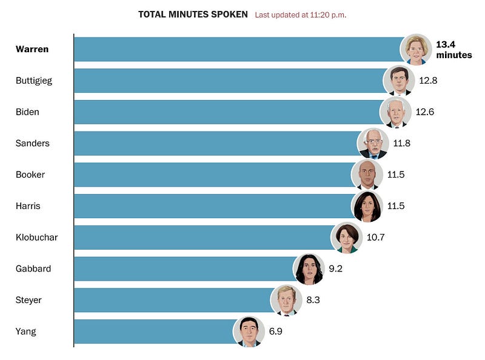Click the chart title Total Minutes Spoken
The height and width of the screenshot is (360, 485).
click(193, 14)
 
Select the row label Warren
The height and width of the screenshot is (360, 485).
click(32, 49)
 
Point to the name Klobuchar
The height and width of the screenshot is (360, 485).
click(37, 238)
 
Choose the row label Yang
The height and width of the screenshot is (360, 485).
click(26, 332)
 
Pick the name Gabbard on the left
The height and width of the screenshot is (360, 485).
click(33, 268)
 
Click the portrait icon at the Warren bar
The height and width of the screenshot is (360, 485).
click(416, 49)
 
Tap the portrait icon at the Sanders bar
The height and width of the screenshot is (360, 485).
click(373, 144)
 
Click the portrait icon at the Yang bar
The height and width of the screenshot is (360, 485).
click(249, 332)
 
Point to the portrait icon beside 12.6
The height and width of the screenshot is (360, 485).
click(395, 112)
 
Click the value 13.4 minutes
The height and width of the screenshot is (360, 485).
click(453, 49)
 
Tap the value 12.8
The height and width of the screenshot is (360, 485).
click(428, 81)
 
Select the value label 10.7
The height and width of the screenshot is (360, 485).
click(375, 238)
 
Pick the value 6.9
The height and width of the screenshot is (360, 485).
click(276, 332)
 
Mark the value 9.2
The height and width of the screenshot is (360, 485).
click(335, 268)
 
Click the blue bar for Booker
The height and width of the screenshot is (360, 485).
click(212, 175)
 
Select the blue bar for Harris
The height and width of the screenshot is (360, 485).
click(212, 206)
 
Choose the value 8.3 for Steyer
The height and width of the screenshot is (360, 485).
click(313, 300)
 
